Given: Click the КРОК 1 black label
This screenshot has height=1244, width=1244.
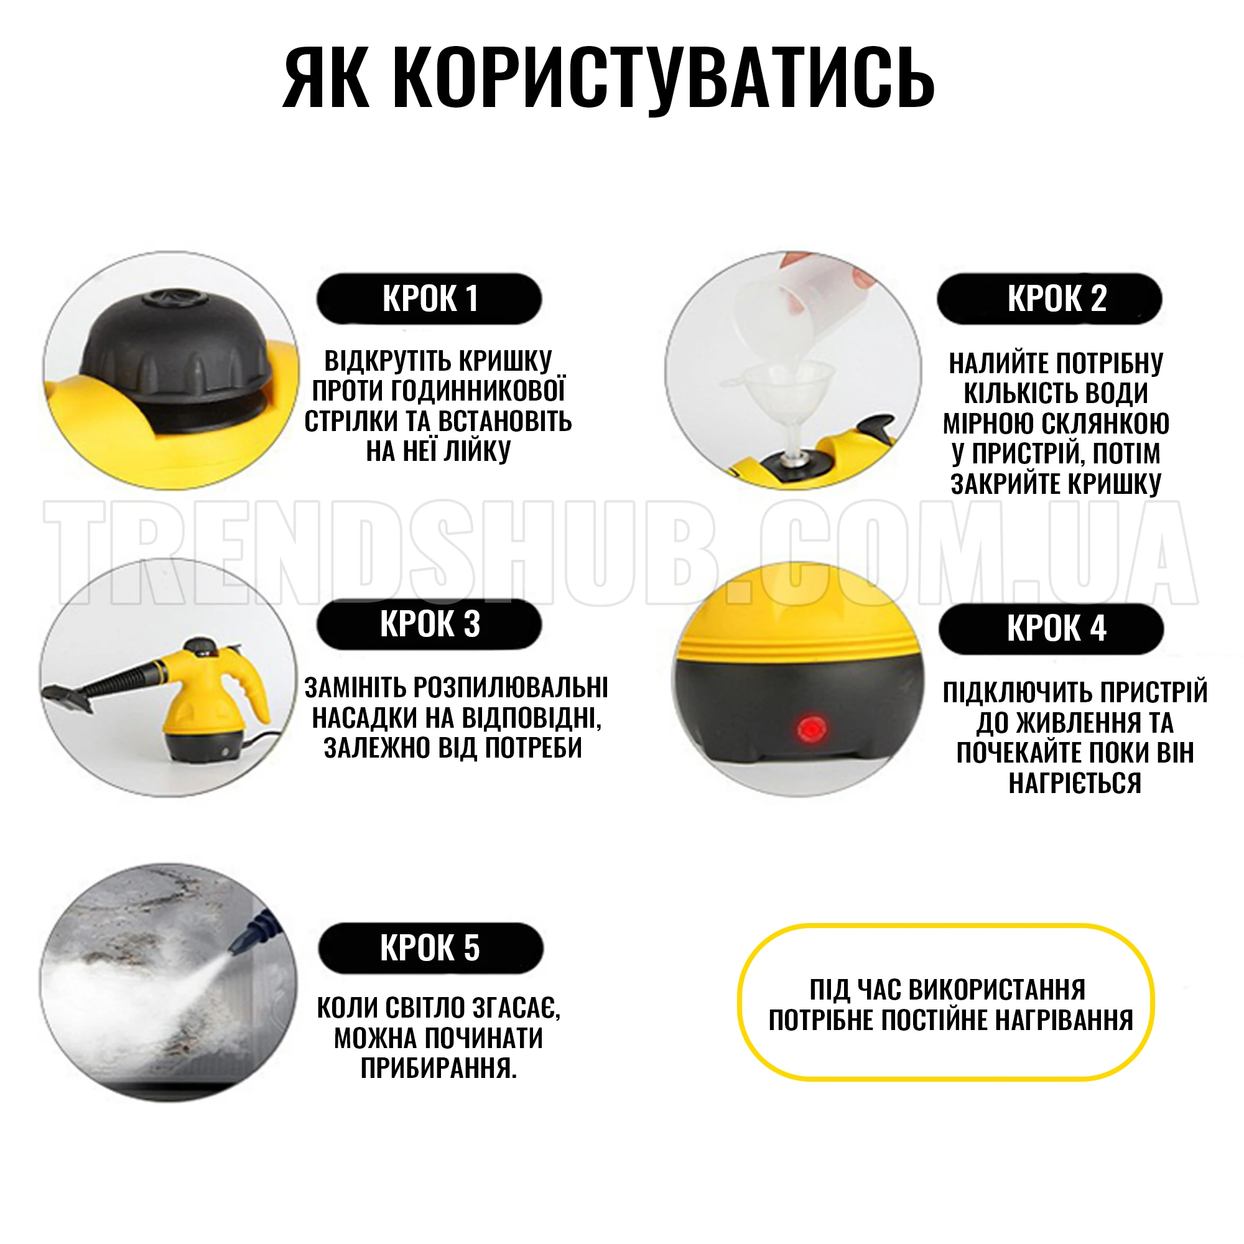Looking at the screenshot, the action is (429, 298).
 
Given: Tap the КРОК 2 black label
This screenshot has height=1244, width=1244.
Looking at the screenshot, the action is (1049, 298).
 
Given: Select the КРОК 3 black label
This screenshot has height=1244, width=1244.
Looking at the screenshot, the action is (429, 624).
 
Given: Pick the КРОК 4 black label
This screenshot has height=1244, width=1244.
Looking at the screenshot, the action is (1051, 628).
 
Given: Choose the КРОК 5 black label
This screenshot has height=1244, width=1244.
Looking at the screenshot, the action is (430, 948).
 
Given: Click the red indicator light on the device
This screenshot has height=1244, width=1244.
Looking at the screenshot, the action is (811, 730).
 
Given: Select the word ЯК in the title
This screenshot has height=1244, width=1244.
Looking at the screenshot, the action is (325, 77).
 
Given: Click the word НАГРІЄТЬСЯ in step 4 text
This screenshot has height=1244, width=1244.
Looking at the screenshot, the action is (1075, 783).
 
